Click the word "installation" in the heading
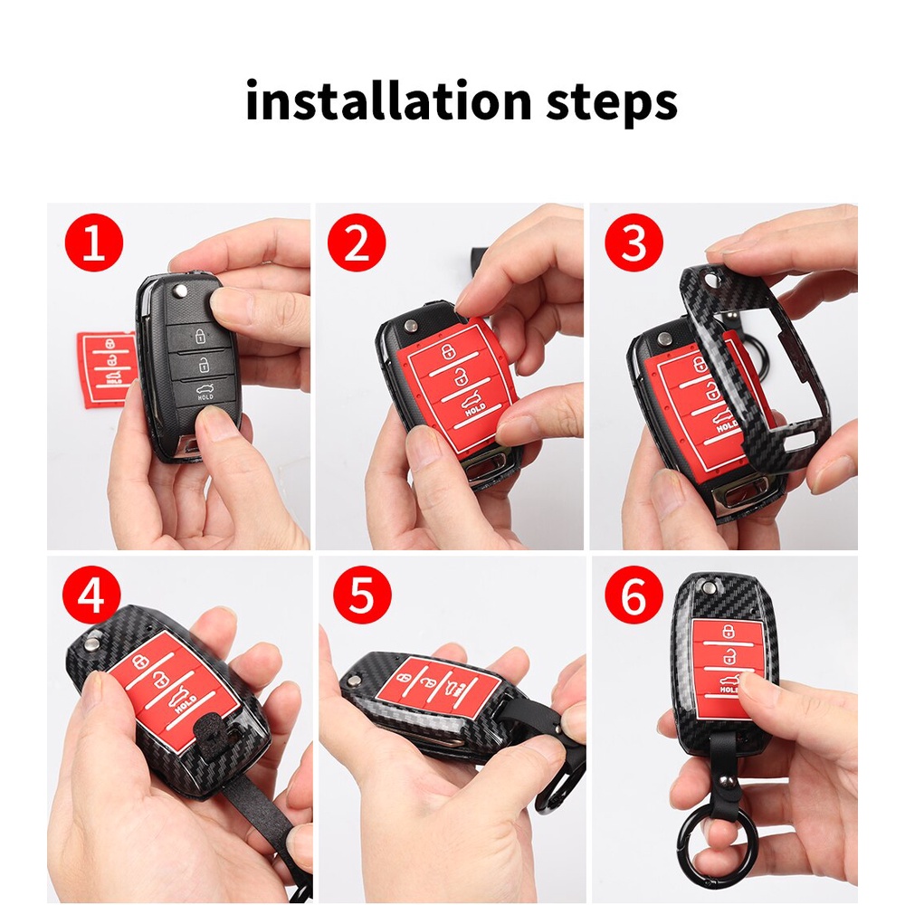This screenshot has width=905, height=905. pos(388,100)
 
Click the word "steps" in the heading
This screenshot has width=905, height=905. pos(611,104)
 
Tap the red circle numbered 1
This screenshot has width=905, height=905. pos(94,243)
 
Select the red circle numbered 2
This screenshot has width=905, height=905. pos(357,243)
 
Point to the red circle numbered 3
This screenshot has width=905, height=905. pos(633,243)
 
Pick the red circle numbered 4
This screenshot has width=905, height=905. pos(91,595)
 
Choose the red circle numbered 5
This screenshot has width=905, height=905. pos(363,595)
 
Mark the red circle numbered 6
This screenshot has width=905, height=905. pos(633,595)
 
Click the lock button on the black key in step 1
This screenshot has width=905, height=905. pos(200,336)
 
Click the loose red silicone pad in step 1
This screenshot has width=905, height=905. pos(107,368)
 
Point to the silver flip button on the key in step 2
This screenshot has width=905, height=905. pos(411,327)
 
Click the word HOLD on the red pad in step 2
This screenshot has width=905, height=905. pos(475,410)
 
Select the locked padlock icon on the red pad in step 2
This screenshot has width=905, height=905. pos(448,351)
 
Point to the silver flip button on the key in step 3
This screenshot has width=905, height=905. pos(665,340)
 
